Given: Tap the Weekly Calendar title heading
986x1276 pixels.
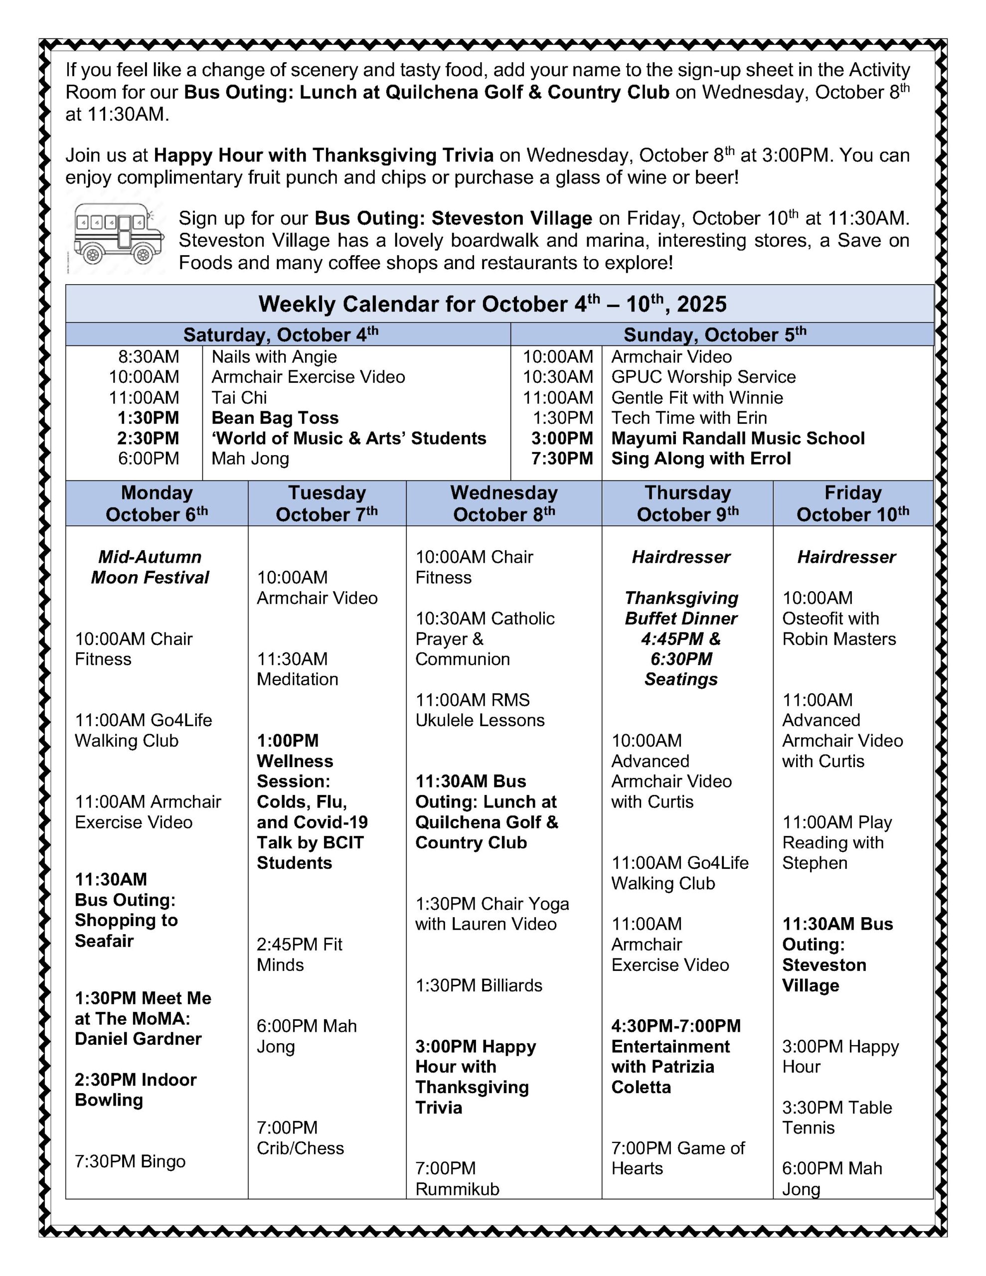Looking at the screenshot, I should click(x=492, y=305).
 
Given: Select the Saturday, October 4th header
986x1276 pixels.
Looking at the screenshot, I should click(x=281, y=335).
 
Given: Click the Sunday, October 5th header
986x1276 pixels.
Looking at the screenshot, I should click(x=714, y=335).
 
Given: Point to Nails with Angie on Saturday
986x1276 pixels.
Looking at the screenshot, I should click(x=274, y=357).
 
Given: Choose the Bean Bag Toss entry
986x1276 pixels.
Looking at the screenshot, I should click(x=275, y=418).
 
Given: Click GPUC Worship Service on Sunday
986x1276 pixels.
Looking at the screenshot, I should click(x=703, y=377).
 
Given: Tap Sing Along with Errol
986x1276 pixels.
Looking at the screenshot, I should click(x=700, y=459).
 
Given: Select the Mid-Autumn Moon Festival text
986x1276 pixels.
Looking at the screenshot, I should click(x=150, y=567).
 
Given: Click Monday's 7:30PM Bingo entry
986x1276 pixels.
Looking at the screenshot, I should click(x=130, y=1161).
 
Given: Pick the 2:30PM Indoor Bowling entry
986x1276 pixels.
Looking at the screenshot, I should click(x=136, y=1090).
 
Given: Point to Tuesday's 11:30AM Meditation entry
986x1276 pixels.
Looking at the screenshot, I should click(x=297, y=669).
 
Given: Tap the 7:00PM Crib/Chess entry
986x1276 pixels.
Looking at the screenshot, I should click(x=300, y=1138).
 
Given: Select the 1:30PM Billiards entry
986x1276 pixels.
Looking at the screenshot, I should click(x=479, y=985).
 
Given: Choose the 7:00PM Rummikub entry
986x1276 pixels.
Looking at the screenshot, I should click(x=457, y=1178).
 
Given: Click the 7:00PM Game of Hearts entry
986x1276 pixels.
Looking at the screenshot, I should click(x=677, y=1158).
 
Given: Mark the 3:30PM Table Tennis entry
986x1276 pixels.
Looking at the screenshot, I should click(x=836, y=1117).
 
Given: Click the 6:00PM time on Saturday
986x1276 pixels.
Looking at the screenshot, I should click(x=149, y=459).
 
